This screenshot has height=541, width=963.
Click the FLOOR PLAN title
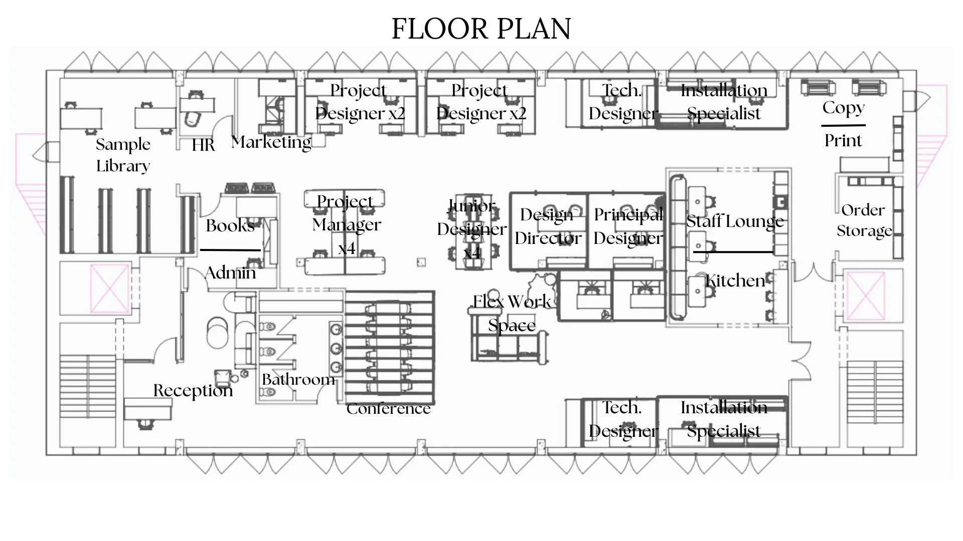[481, 29]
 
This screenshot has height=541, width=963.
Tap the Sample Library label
[123, 155]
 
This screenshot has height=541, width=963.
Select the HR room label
[203, 145]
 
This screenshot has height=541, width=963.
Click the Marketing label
[271, 143]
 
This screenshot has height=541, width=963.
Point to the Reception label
[193, 390]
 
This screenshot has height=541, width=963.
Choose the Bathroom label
[298, 379]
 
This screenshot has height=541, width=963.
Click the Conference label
[389, 409]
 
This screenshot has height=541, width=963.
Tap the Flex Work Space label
[512, 314]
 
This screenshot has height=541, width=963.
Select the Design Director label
[548, 226]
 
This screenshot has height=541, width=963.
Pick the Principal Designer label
[628, 226]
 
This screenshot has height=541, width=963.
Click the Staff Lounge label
[735, 221]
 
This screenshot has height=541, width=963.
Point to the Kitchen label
[735, 281]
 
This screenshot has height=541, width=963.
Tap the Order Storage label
[864, 220]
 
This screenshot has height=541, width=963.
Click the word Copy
[844, 108]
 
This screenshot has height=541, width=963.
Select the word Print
[843, 141]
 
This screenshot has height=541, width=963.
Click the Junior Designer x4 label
[471, 229]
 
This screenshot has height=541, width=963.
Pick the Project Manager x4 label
[347, 224]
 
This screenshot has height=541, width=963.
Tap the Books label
[230, 226]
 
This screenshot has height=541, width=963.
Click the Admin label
[230, 273]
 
